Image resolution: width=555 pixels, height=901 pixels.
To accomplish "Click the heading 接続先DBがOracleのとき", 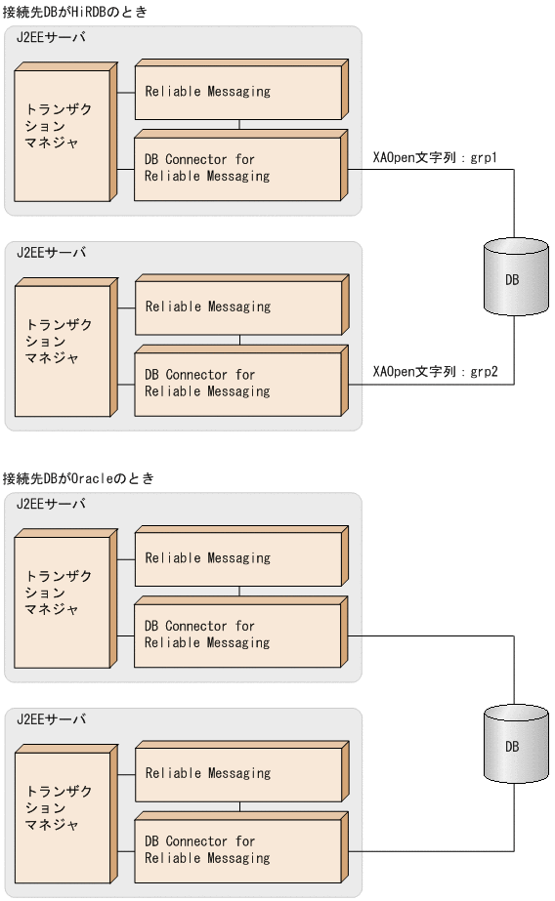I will click(79, 478).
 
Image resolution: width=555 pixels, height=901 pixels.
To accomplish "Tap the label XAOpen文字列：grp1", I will click(436, 158).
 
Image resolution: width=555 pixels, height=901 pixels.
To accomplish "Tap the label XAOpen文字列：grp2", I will click(436, 372).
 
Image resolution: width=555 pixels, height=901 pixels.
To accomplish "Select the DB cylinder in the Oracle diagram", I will click(512, 747).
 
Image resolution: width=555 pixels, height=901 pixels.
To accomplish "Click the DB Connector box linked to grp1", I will click(237, 168).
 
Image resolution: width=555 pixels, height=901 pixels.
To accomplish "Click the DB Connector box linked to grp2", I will click(237, 383).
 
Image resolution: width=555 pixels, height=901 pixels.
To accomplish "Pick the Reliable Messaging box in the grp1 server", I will click(237, 92).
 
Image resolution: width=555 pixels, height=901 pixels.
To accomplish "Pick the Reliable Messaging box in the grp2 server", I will click(237, 307).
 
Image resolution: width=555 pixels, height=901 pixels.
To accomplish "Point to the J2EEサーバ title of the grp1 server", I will click(51, 37).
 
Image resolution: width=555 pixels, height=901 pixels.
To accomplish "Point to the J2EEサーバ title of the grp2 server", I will click(51, 252).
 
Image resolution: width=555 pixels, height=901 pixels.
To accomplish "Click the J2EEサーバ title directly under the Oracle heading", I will click(51, 504).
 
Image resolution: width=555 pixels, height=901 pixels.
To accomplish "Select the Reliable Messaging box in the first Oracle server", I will click(237, 558).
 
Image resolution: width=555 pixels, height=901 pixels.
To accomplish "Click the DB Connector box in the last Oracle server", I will click(237, 849).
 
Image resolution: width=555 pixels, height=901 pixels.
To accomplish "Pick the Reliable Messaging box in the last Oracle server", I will click(237, 773).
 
